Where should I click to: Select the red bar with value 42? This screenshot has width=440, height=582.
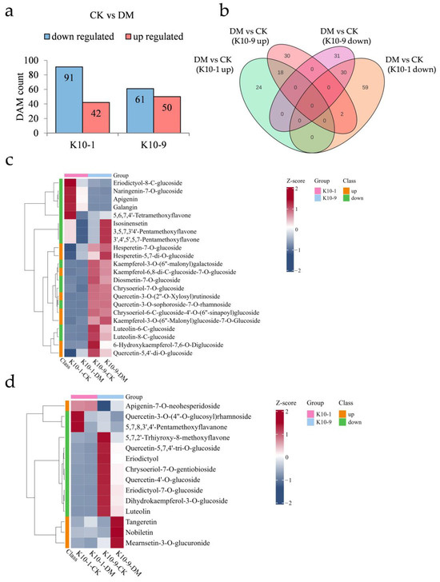tap(101, 120)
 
